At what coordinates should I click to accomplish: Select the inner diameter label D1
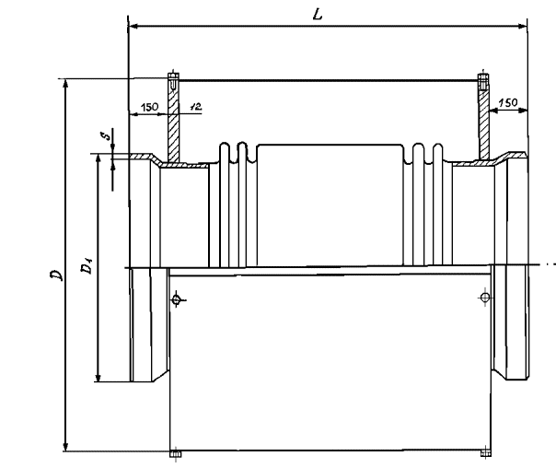click(x=85, y=268)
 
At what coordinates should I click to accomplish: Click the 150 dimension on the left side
click(x=149, y=107)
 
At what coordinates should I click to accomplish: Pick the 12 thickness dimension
click(x=194, y=107)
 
